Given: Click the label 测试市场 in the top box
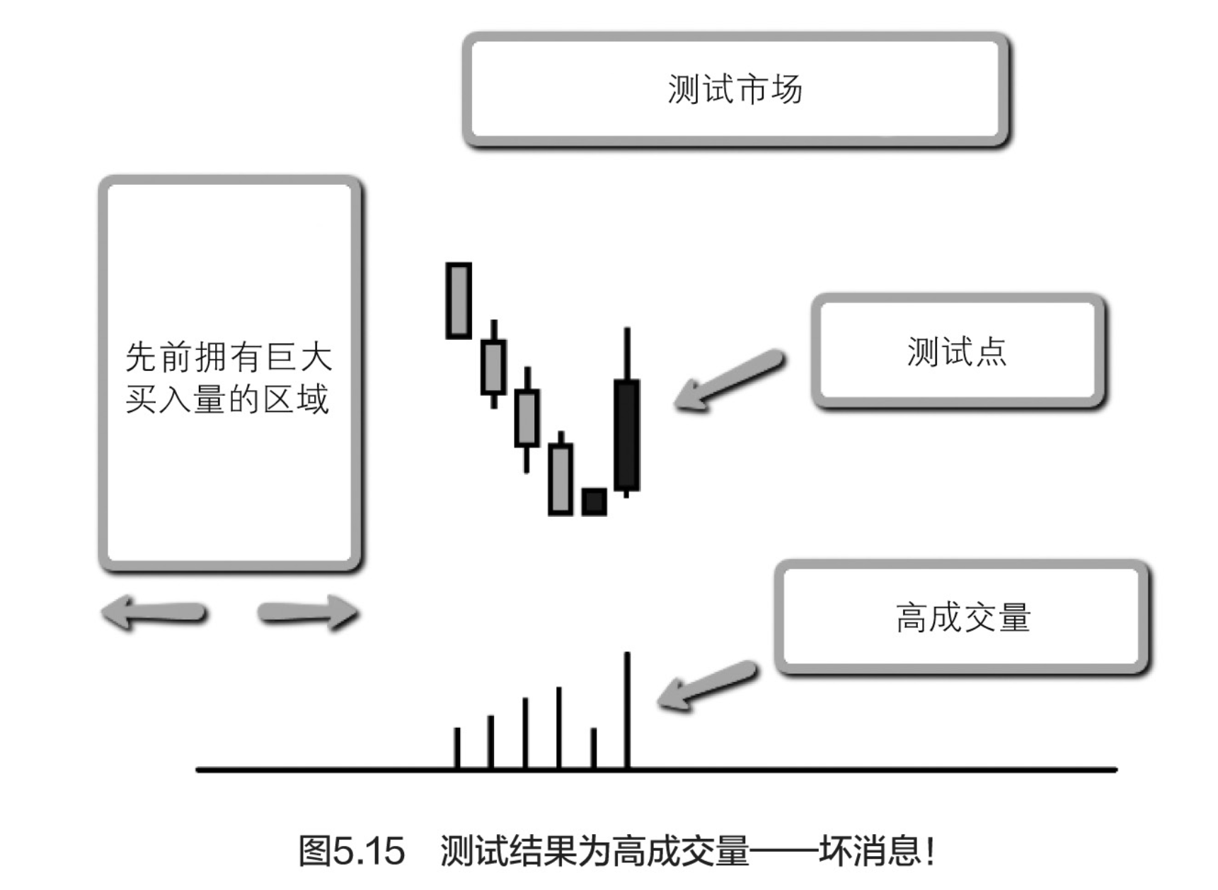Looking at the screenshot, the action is [735, 90].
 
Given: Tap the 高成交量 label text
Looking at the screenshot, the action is [963, 617].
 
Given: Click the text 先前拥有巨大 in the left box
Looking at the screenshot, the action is [229, 357].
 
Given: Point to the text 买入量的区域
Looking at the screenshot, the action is [227, 400].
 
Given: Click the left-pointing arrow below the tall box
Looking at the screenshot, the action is [154, 612].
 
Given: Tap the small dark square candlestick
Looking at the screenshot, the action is [594, 502].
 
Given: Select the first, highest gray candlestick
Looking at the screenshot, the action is [459, 301].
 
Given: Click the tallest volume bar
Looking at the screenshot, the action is [627, 709].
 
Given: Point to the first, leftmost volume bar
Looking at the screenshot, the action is [457, 748].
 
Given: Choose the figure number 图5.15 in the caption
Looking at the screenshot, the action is [351, 850].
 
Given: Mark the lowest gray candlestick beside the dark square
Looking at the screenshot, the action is [561, 479].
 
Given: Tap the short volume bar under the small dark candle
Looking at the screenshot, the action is [593, 748].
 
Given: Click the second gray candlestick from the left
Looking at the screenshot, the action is [493, 367].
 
